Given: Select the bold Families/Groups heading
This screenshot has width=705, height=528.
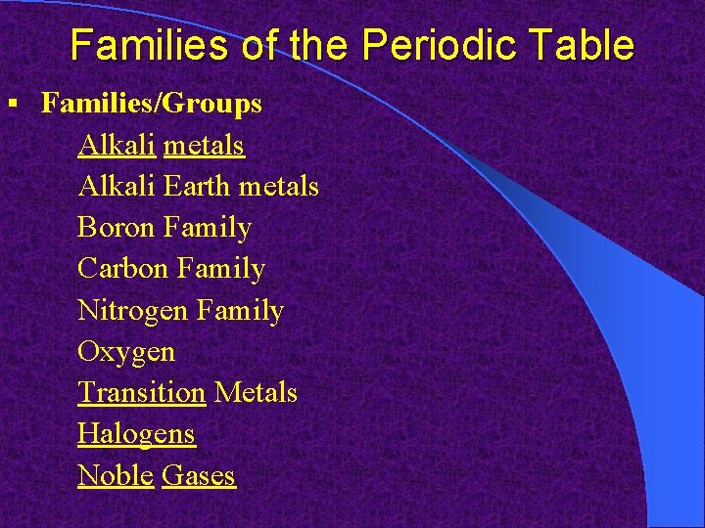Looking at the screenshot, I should pos(151,104).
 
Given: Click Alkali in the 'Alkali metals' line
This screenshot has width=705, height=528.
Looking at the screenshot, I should pos(117,145).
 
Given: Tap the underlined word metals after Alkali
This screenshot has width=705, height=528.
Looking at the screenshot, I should pos(204,145).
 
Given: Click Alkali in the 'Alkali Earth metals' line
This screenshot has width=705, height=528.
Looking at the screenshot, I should pos(117,186).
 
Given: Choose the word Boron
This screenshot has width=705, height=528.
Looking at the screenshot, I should pos(117,228).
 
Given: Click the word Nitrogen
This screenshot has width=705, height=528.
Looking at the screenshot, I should pos(132,311).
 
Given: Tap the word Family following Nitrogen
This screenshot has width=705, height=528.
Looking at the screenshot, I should pos(240,311).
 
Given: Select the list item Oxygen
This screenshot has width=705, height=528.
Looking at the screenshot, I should pos(126,352).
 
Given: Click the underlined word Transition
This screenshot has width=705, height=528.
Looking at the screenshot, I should pos(141,393).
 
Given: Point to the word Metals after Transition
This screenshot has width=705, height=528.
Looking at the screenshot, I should pos(255,393).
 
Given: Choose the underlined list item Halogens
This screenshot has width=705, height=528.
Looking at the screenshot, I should pos(136,434).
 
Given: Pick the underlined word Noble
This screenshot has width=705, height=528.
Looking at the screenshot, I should pos(116,476).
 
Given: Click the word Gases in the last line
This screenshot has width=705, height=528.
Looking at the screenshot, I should pos(199,476).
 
